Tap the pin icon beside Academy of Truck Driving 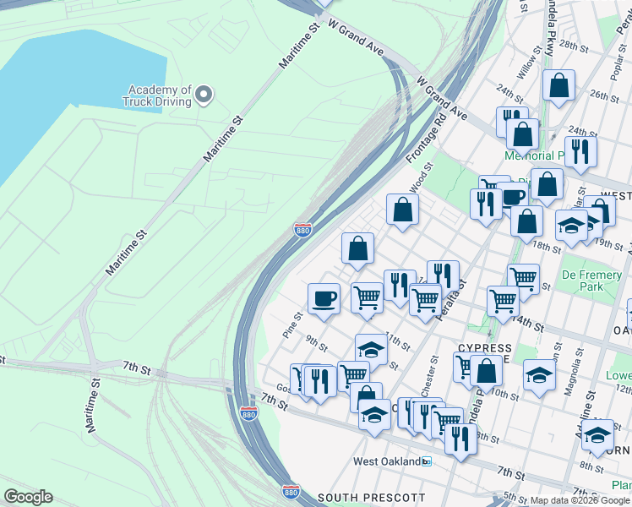(204, 96)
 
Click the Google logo (28, 497)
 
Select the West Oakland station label (387, 461)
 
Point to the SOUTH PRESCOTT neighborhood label (371, 497)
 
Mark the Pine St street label (292, 324)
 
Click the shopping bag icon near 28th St (558, 85)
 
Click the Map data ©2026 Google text (580, 500)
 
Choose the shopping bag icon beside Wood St (403, 210)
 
